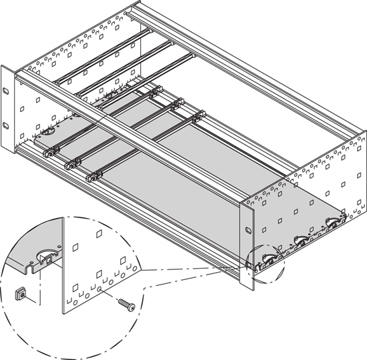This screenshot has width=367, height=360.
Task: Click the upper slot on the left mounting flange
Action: point(5,90)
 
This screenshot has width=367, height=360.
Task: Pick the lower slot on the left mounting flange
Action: point(5,125)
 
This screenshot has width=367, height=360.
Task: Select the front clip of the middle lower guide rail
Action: point(70,163)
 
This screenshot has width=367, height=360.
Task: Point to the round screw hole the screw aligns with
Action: point(99,291)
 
